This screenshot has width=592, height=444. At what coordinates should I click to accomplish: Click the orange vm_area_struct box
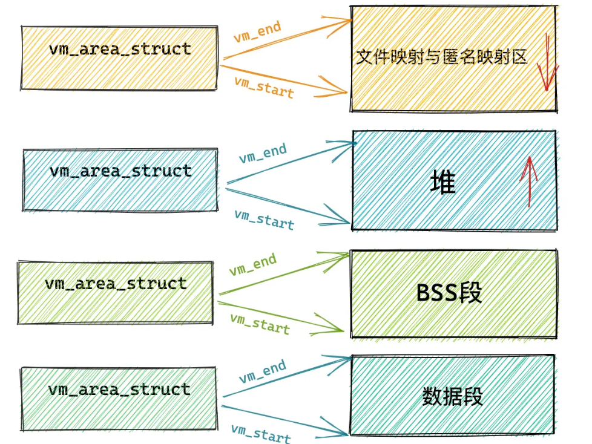tap(119, 58)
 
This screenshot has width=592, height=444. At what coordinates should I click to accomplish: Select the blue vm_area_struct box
tap(120, 180)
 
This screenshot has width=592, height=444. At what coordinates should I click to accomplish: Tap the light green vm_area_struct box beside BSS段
tap(116, 292)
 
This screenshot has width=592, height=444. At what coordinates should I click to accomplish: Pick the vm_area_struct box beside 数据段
tap(119, 399)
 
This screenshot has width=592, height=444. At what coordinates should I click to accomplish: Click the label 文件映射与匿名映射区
tap(441, 57)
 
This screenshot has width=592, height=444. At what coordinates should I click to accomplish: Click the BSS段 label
tap(449, 293)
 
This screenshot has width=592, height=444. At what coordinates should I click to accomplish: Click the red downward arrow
tap(547, 64)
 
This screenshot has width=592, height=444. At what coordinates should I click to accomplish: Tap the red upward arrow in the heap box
tap(529, 180)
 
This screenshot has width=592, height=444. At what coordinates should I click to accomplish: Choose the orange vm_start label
tap(264, 87)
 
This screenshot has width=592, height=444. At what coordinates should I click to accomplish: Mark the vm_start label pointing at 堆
tap(264, 219)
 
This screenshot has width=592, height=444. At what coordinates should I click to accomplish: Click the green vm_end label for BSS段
tap(252, 264)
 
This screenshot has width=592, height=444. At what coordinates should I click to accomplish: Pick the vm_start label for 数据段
tap(260, 433)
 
